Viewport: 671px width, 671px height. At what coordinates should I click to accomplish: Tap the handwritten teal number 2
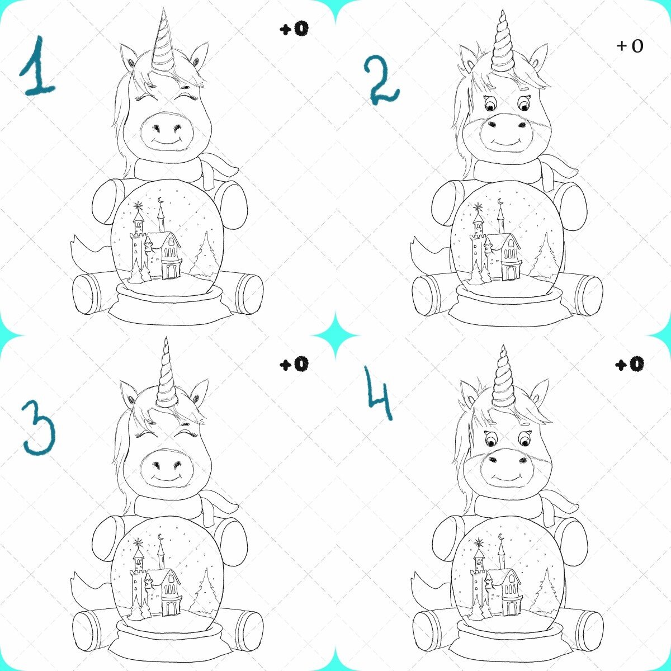click(381, 79)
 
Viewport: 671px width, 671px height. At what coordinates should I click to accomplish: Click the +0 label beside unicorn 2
click(630, 46)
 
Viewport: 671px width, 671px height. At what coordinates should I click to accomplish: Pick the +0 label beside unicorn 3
click(294, 364)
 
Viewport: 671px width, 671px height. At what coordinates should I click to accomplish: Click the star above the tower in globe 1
click(139, 206)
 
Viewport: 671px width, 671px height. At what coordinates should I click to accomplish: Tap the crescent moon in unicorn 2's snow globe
click(500, 201)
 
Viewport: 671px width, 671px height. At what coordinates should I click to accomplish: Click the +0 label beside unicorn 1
click(294, 29)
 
